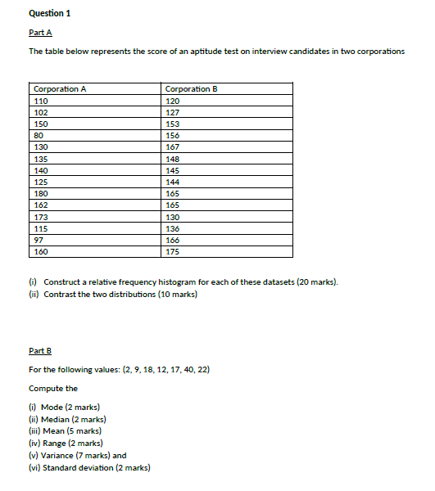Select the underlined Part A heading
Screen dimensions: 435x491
point(40,32)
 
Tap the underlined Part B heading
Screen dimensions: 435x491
point(40,350)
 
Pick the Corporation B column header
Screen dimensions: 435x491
point(191,88)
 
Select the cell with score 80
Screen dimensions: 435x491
point(39,135)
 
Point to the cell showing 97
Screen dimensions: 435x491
point(39,240)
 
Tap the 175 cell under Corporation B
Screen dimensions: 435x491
point(172,252)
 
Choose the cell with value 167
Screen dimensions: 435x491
point(172,146)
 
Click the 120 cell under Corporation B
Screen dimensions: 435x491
point(172,100)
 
